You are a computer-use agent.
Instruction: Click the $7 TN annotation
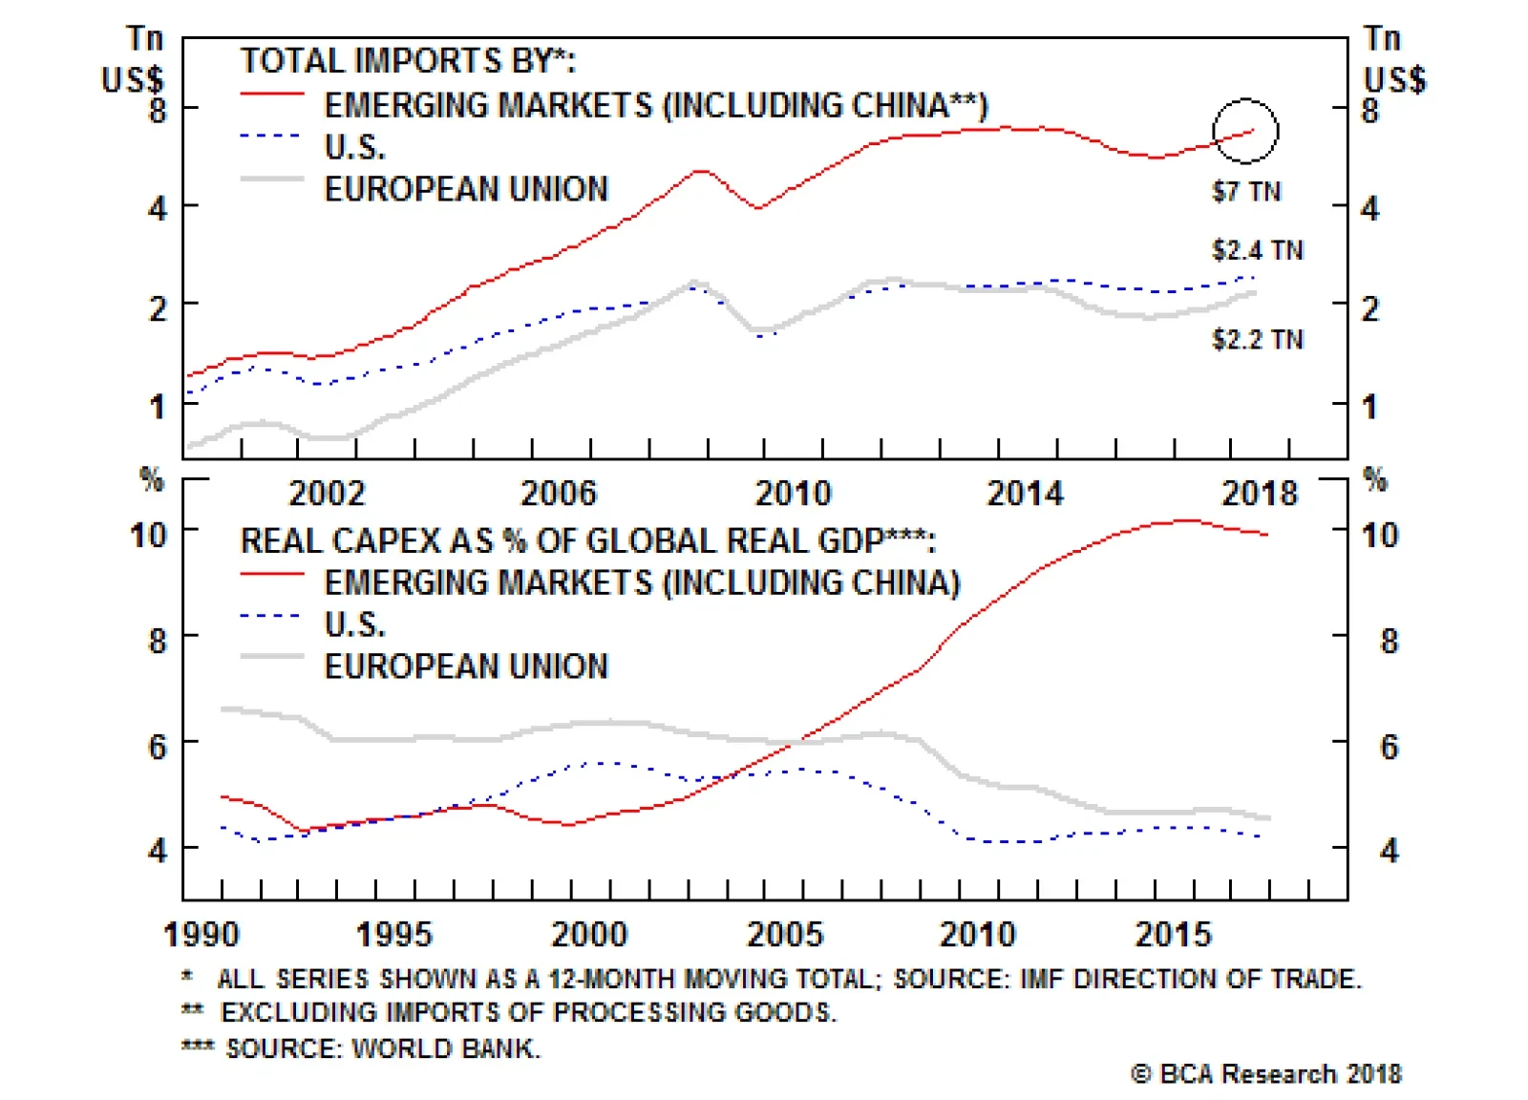(x=1245, y=192)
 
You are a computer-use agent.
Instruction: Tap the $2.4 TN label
(x=1257, y=250)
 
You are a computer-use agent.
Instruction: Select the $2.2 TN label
(x=1257, y=339)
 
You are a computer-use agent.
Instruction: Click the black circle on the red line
(x=1245, y=130)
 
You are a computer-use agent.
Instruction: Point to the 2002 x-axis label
(x=327, y=494)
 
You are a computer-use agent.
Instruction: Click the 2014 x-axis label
(x=1025, y=494)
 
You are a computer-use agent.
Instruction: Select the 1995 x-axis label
(x=393, y=934)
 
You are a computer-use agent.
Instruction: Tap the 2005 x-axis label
(x=784, y=934)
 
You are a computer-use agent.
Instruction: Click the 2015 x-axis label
(x=1173, y=934)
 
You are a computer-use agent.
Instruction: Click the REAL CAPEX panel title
(x=587, y=541)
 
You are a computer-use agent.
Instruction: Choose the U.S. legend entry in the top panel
(x=355, y=147)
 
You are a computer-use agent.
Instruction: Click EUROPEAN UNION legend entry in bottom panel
(x=466, y=666)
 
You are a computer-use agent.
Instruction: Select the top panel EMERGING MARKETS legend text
(x=656, y=105)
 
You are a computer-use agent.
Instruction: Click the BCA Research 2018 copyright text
(x=1266, y=1074)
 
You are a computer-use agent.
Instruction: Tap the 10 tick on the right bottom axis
(x=1380, y=535)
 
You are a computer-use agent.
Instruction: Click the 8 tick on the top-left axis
(x=158, y=110)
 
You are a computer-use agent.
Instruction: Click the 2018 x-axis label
(x=1260, y=494)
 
